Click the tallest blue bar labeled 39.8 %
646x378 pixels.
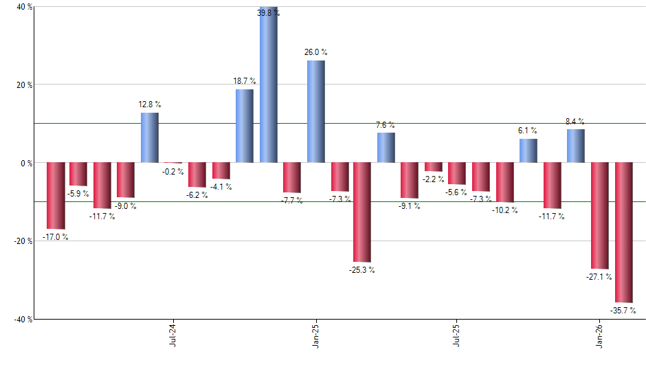[x=268, y=86]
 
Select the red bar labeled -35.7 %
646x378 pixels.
[x=623, y=232]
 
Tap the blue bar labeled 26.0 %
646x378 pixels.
[x=316, y=111]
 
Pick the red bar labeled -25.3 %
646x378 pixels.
[x=362, y=212]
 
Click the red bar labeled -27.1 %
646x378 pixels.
[x=600, y=216]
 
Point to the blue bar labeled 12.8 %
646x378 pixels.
[x=150, y=137]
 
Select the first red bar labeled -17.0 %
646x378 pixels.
[x=55, y=196]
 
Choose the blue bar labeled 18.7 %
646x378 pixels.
[x=245, y=126]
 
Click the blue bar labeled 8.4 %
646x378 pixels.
[x=576, y=146]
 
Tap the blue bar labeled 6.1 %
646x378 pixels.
[x=528, y=151]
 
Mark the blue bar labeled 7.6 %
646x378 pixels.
[x=386, y=148]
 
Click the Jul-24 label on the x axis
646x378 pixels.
[x=172, y=334]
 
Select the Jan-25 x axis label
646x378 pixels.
[x=315, y=334]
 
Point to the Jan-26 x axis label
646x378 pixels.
[x=600, y=334]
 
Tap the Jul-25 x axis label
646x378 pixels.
[x=457, y=334]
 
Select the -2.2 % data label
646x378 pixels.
[x=434, y=179]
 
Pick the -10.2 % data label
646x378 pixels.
[x=505, y=210]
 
